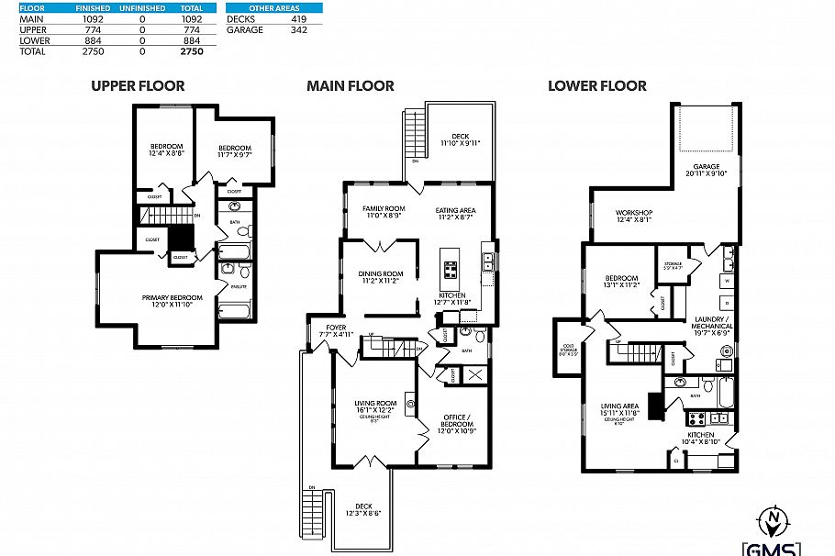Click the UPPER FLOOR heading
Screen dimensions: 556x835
(x=137, y=86)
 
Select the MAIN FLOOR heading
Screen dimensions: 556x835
(x=350, y=86)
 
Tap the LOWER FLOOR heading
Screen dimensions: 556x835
(x=596, y=86)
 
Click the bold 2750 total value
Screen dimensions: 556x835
(x=191, y=52)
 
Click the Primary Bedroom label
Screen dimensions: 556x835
(x=166, y=300)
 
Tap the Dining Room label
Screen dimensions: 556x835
(x=380, y=276)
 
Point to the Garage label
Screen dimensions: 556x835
(x=705, y=169)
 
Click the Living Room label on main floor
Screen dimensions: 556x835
(x=374, y=405)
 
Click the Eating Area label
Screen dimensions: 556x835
(x=455, y=211)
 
